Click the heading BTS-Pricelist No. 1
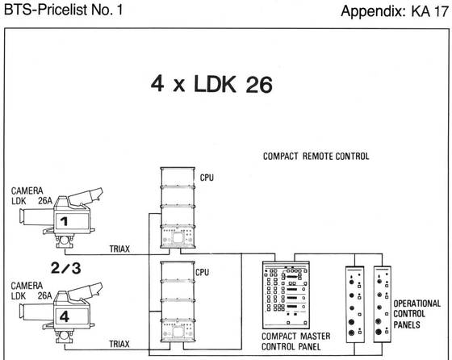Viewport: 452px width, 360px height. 64,10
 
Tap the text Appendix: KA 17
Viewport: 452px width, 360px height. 395,11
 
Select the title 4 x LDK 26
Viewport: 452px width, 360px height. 211,84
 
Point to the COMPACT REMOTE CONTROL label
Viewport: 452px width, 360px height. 316,157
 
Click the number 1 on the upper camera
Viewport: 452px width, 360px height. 64,221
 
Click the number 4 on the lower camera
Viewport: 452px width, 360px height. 65,316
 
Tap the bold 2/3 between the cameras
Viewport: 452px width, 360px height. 66,268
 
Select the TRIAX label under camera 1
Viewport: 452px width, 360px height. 119,249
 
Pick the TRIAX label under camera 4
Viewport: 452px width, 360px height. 119,344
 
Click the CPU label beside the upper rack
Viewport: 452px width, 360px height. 207,178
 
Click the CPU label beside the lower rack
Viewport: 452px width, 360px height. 202,272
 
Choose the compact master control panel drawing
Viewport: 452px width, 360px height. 286,295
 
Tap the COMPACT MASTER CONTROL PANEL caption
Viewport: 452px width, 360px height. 295,341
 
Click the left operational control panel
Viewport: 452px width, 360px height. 355,304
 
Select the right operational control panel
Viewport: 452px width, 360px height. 383,304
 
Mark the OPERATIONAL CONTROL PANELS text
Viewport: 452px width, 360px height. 416,314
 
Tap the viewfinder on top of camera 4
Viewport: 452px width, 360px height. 86,291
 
